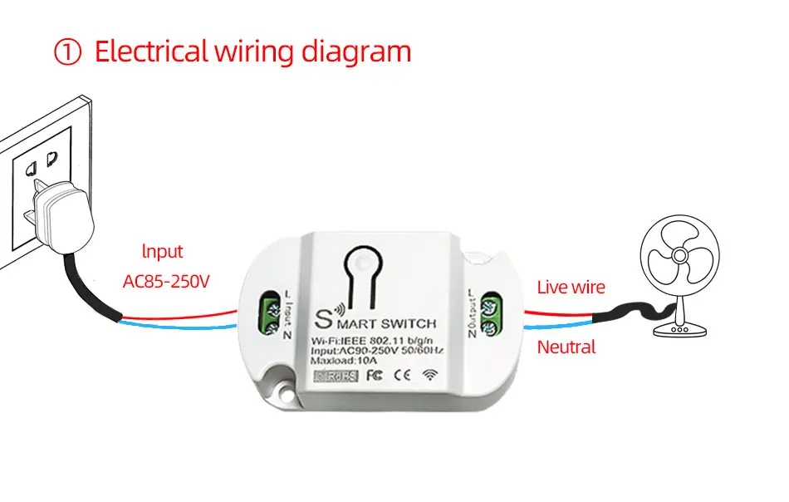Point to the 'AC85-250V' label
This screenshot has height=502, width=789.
(x=166, y=282)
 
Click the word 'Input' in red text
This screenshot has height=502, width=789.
(x=162, y=251)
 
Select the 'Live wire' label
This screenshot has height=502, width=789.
(x=571, y=288)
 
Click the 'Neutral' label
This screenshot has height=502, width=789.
(x=566, y=347)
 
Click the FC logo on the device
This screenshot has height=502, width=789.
(x=374, y=375)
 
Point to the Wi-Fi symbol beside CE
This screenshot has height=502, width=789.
(x=430, y=375)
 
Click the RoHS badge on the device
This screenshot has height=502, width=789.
(x=336, y=376)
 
